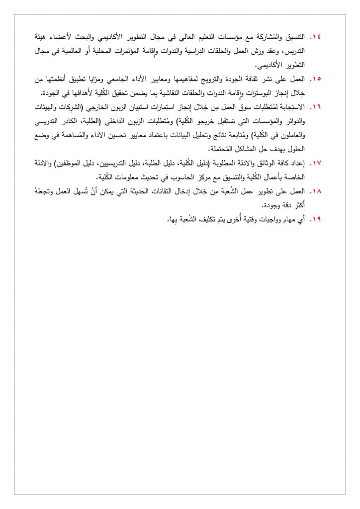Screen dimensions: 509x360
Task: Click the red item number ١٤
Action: pyautogui.click(x=316, y=37)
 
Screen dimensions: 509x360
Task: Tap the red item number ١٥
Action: pyautogui.click(x=316, y=79)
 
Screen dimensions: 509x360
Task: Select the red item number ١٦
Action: pyautogui.click(x=316, y=107)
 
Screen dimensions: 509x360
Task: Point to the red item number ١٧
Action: pyautogui.click(x=316, y=163)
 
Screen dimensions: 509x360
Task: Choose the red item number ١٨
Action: pyautogui.click(x=316, y=190)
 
